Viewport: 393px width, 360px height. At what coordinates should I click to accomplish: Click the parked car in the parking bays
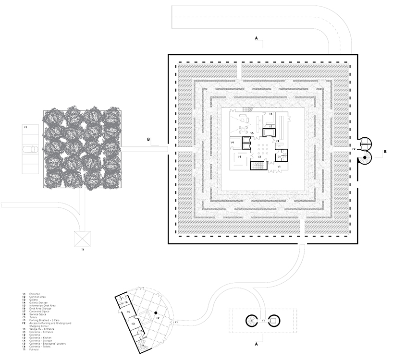29,149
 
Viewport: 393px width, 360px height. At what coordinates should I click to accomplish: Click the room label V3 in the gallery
239,157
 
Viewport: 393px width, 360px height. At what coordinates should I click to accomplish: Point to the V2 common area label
259,157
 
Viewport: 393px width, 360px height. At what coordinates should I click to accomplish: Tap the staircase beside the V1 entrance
258,166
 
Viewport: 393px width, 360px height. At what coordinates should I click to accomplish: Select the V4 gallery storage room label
232,143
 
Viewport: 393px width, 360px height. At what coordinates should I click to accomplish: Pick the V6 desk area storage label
270,114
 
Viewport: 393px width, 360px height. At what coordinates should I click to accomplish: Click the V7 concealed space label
270,126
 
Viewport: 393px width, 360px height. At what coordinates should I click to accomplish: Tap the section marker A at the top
257,37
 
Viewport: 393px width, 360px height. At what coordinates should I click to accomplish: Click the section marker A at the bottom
257,344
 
